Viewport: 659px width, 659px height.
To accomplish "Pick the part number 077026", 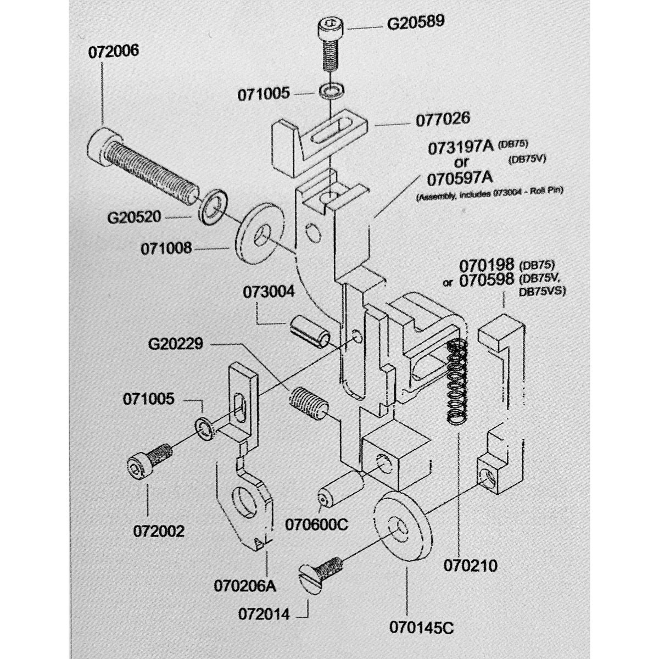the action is [x=443, y=119].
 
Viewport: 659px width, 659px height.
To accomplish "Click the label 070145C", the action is [x=421, y=628].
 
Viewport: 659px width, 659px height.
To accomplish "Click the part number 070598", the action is [x=487, y=280].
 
